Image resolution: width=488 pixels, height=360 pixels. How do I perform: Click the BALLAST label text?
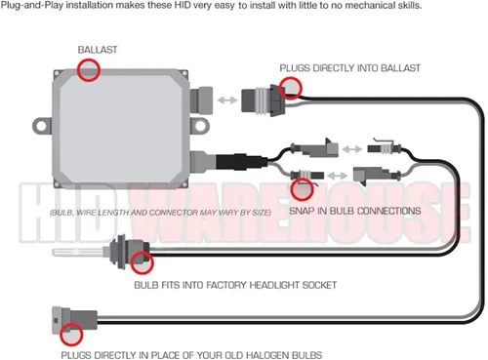[x=98, y=50]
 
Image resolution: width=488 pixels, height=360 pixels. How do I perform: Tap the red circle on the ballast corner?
[x=88, y=70]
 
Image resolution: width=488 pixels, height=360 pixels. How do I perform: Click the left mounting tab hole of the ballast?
[x=42, y=126]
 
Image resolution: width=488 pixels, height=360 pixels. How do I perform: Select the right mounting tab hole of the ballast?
[x=199, y=126]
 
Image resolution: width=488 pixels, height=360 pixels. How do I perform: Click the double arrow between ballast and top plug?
[x=227, y=100]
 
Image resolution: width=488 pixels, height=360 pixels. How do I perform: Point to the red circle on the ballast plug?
[x=291, y=88]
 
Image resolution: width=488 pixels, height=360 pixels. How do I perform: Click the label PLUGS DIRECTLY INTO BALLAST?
[x=350, y=68]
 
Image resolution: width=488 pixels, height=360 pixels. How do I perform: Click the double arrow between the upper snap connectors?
[x=352, y=149]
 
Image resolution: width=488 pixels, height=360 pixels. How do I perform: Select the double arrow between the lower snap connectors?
[x=337, y=176]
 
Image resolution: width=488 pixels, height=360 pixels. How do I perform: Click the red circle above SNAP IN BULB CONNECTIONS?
[x=302, y=189]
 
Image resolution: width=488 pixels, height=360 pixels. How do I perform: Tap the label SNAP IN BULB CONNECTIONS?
[x=355, y=211]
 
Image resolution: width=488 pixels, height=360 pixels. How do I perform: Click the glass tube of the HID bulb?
[x=78, y=252]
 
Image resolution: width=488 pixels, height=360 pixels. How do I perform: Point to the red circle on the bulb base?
[x=142, y=262]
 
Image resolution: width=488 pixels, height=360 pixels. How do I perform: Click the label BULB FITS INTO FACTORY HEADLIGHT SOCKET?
[x=235, y=285]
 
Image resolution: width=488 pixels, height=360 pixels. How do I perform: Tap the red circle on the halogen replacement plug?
[x=71, y=335]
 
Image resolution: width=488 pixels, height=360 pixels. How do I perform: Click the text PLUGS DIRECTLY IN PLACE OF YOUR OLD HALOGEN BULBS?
[x=191, y=355]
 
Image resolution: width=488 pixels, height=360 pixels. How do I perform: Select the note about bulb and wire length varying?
[x=160, y=213]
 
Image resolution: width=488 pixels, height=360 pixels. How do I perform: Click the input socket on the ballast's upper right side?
[x=201, y=100]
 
